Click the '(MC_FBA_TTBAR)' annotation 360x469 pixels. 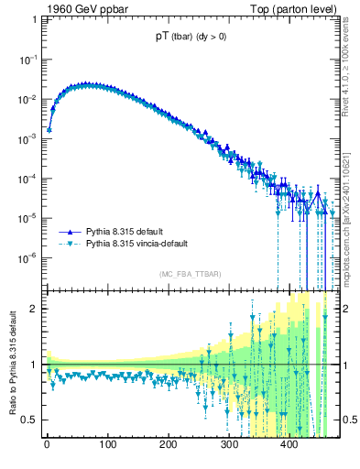click(190, 274)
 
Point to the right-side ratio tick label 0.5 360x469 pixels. click(348, 420)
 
